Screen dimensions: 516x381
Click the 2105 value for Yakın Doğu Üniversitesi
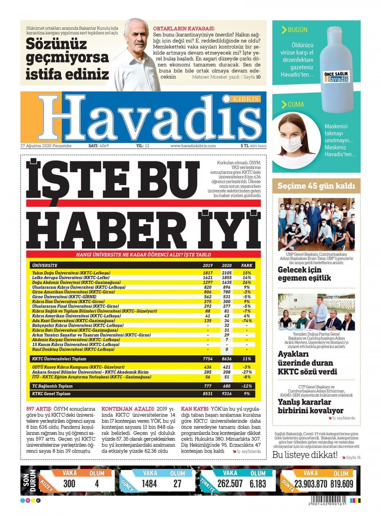tap(226, 273)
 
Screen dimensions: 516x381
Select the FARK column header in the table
tap(247, 265)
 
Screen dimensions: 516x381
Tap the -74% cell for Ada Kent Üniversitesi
tap(247, 321)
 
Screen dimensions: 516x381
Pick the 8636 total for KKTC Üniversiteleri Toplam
tap(226, 359)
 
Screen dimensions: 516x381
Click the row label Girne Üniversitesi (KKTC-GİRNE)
tap(64, 297)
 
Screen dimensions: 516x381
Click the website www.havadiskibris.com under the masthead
tap(193, 146)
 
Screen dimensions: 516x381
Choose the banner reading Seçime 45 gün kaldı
tap(316, 186)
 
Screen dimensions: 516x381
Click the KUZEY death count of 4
tap(97, 483)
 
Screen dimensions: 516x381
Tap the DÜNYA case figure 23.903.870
tap(311, 484)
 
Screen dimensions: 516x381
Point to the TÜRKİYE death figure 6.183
tap(258, 484)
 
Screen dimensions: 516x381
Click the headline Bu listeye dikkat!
tap(305, 455)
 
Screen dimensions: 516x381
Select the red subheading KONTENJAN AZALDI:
tap(128, 409)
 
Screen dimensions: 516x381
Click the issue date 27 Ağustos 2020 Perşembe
tap(46, 146)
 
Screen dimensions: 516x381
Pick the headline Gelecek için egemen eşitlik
tap(304, 274)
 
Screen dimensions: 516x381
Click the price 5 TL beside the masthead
tap(245, 146)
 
